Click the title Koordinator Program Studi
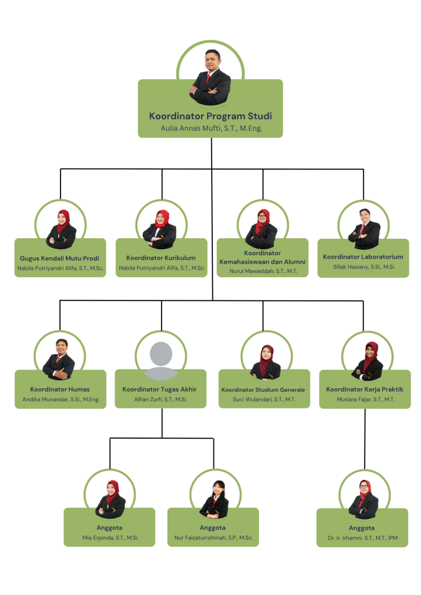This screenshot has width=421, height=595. click(x=210, y=116)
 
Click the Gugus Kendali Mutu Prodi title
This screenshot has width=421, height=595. click(x=60, y=258)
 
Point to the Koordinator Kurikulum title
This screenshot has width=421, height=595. click(x=161, y=258)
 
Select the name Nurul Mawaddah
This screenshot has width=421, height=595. click(x=262, y=271)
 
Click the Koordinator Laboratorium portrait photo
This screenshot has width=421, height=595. click(x=364, y=227)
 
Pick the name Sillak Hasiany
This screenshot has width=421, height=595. click(x=363, y=267)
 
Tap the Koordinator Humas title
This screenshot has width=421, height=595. click(x=60, y=389)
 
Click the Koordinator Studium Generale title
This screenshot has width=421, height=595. click(x=263, y=389)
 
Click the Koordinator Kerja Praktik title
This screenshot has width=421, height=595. click(x=365, y=389)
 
